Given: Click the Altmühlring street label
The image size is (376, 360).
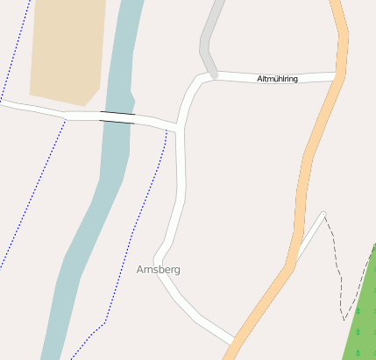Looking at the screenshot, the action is point(277,79).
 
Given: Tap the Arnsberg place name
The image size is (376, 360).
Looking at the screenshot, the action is point(159,270).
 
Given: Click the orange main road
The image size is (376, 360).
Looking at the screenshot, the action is point(307,175).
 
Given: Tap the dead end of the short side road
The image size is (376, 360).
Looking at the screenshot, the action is point(323,214).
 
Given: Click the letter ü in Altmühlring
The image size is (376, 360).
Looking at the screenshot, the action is point(274,79).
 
